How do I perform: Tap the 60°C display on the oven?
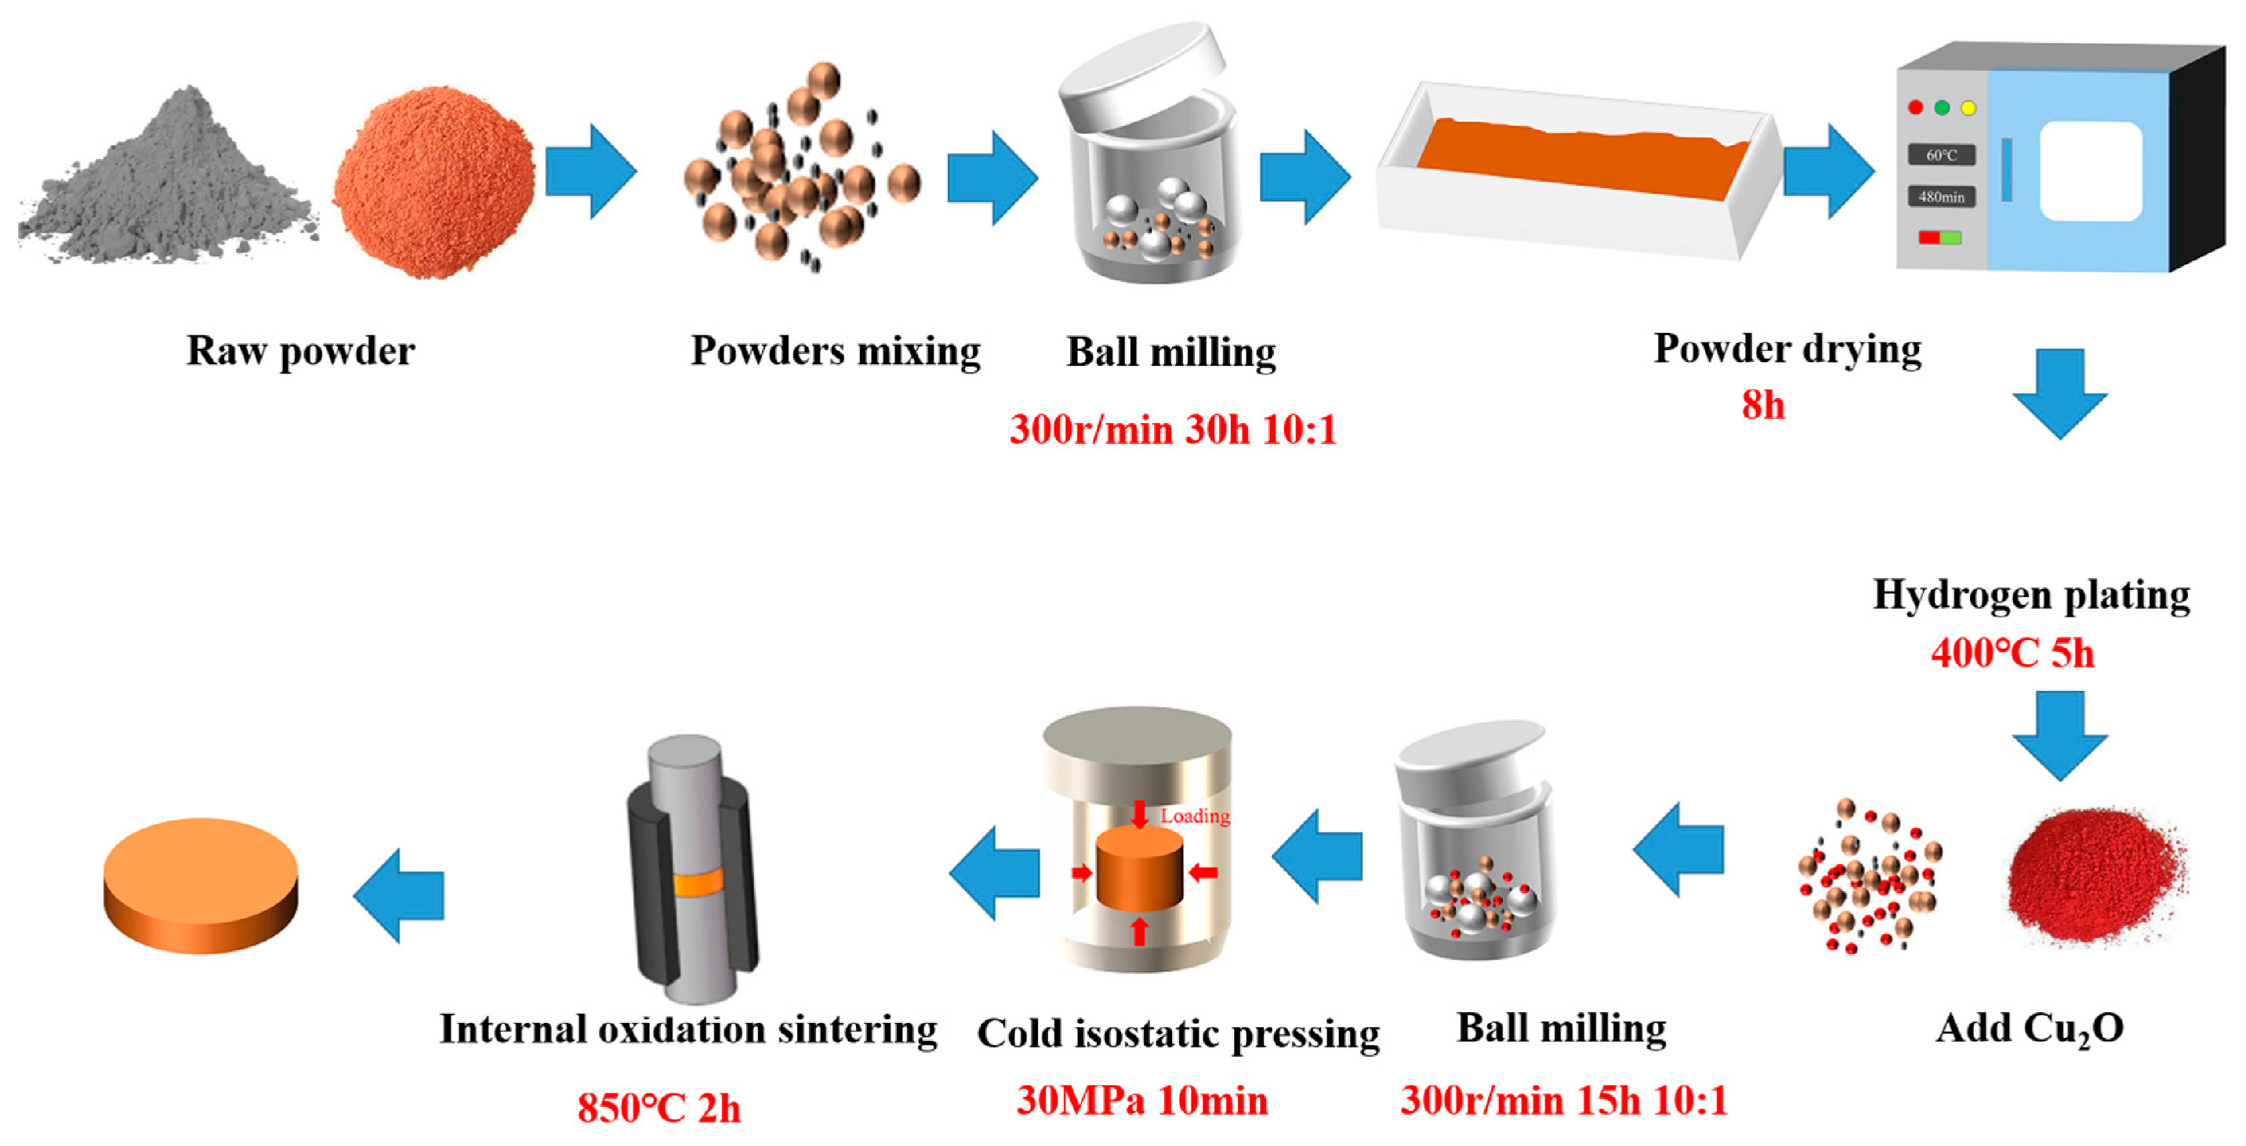click(1942, 155)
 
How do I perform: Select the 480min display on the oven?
click(1942, 197)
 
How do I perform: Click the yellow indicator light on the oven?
click(1968, 108)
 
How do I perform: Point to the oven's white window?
click(2090, 171)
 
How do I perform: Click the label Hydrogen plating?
click(2030, 596)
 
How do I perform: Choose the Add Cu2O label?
click(2029, 1029)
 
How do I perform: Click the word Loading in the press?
click(1195, 816)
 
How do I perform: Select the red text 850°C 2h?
click(659, 1108)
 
